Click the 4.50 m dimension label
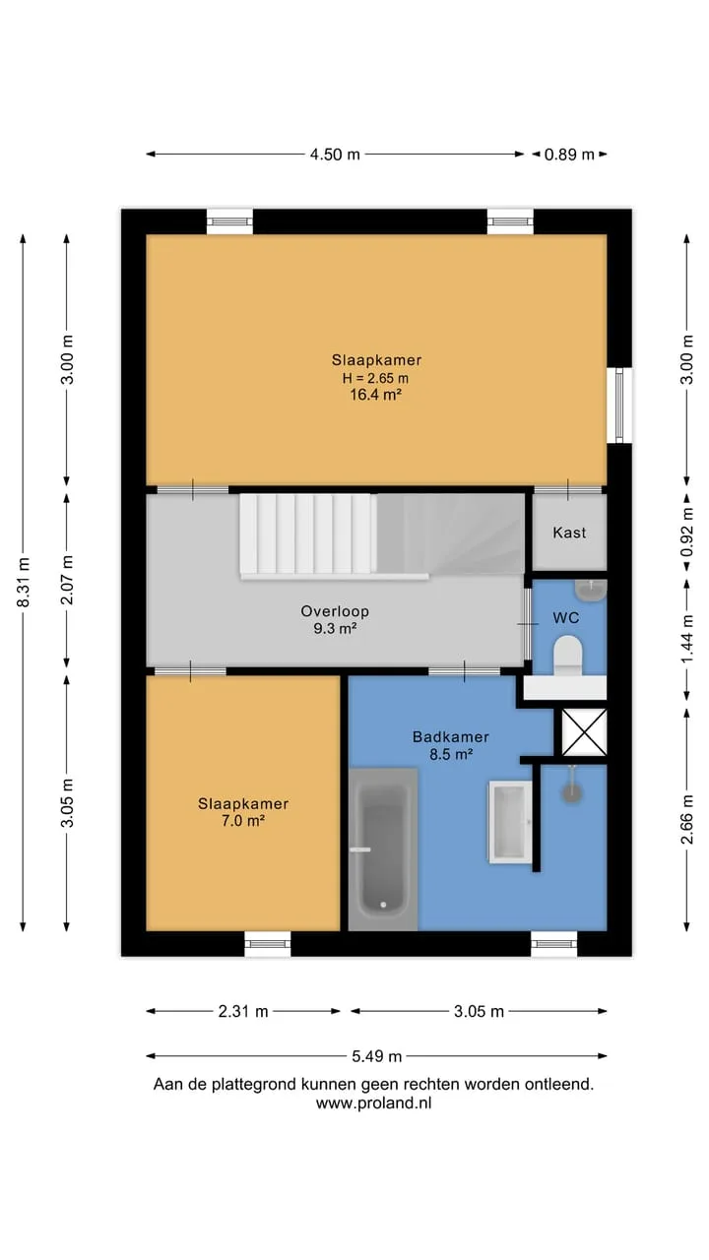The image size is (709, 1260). click(335, 155)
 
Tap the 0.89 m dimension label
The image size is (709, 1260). click(569, 155)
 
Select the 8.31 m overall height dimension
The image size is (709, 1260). click(23, 582)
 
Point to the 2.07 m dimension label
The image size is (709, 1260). click(67, 580)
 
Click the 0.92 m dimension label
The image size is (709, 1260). click(686, 532)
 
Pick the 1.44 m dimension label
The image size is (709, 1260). click(686, 639)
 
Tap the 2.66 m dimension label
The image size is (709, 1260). click(686, 819)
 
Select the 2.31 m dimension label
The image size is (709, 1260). click(243, 1011)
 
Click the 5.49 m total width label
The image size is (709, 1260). click(376, 1056)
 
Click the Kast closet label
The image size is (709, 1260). click(569, 533)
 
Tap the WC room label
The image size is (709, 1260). click(565, 617)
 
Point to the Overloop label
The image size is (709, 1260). click(335, 611)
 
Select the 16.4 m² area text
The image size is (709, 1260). click(376, 395)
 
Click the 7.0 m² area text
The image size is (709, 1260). click(243, 821)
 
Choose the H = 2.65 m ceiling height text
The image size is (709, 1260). click(375, 378)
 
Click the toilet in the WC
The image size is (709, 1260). click(567, 656)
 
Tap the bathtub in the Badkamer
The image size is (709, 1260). click(383, 850)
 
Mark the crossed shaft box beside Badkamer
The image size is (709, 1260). click(584, 731)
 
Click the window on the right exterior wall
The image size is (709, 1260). click(619, 406)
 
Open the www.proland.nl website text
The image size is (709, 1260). click(373, 1103)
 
